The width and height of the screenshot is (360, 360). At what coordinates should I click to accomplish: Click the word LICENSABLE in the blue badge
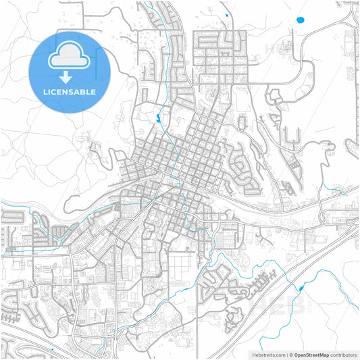(x=70, y=91)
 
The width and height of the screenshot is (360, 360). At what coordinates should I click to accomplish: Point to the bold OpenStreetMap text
(x=316, y=353)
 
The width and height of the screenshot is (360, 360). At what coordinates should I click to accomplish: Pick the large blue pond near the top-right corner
(x=300, y=20)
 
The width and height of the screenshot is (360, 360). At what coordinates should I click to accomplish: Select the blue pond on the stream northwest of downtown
(x=158, y=119)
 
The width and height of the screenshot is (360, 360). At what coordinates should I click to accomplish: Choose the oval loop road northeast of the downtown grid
(x=243, y=122)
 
